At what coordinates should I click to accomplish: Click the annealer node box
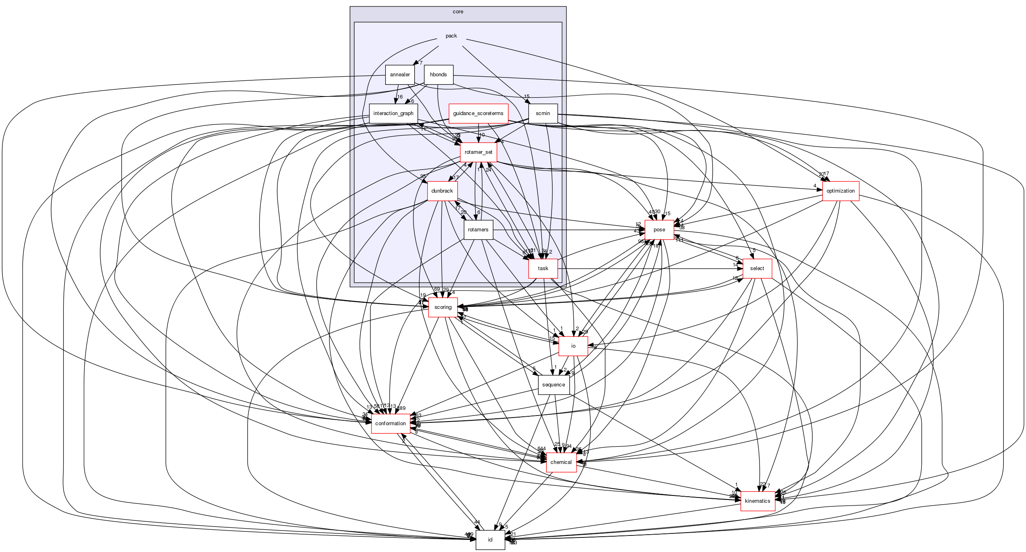click(x=400, y=75)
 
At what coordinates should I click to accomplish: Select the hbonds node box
click(x=438, y=75)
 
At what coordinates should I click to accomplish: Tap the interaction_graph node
click(x=393, y=113)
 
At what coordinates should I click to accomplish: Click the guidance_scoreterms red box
click(x=478, y=113)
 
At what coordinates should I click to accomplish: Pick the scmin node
click(x=543, y=113)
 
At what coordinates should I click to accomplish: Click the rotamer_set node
click(x=478, y=152)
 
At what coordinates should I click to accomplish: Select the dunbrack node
click(x=442, y=191)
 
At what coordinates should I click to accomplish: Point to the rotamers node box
click(x=478, y=230)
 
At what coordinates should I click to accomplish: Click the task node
click(x=543, y=269)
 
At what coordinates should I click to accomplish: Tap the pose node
click(x=659, y=230)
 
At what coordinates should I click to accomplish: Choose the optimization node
click(x=840, y=191)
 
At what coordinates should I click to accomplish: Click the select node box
click(x=757, y=269)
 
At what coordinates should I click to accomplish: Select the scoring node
click(x=443, y=307)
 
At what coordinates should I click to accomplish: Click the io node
click(x=573, y=346)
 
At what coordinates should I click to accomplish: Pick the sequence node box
click(x=554, y=385)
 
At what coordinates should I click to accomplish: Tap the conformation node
click(x=390, y=424)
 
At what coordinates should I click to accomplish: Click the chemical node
click(x=561, y=462)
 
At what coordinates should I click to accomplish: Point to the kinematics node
click(x=757, y=501)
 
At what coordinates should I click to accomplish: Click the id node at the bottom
click(x=490, y=540)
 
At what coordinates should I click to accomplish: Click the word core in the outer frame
click(x=458, y=12)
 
